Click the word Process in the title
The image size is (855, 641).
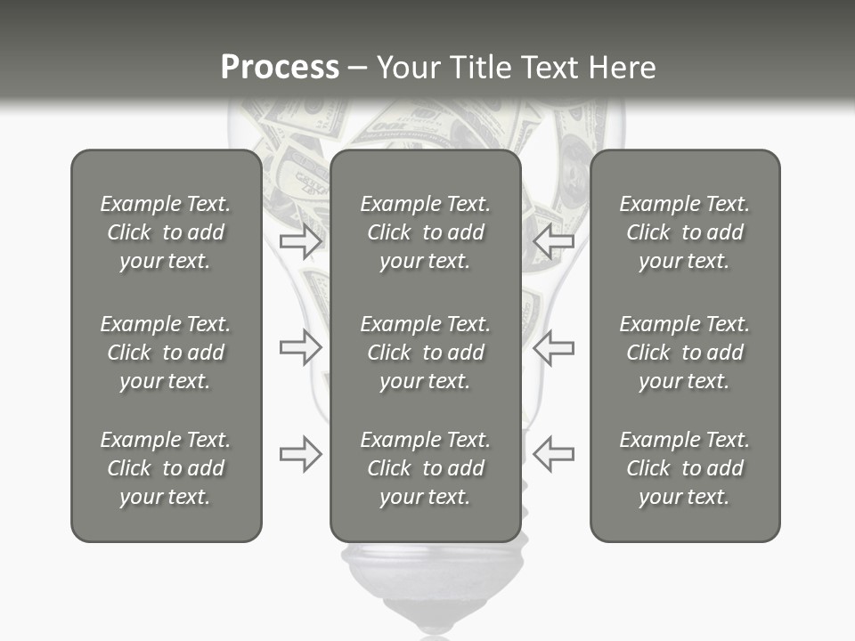[280, 68]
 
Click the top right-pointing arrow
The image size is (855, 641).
[300, 240]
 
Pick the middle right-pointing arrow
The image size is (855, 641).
[300, 347]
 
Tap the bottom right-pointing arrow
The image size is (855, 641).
[300, 454]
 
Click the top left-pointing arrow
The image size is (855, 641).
[554, 240]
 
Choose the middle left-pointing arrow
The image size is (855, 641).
[554, 347]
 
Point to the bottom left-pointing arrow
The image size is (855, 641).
[554, 454]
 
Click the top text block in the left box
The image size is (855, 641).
[166, 232]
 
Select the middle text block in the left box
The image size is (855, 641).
[166, 353]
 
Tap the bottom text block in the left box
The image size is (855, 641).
[166, 468]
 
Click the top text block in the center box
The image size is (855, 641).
[425, 232]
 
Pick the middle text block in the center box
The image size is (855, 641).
[425, 353]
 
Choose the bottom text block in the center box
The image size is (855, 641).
[425, 468]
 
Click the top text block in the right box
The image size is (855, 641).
[684, 232]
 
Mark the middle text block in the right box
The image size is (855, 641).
[684, 353]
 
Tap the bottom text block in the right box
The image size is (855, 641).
[684, 468]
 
